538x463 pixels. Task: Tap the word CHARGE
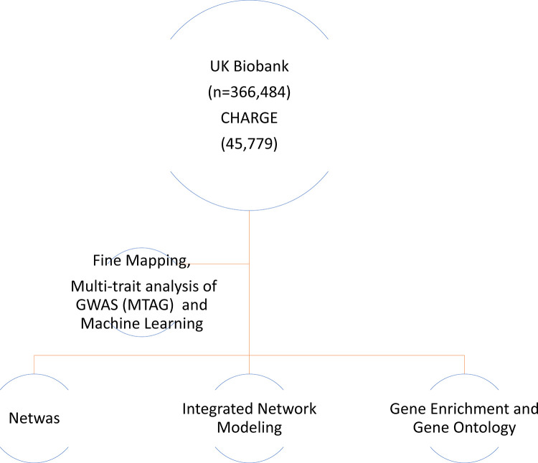248,119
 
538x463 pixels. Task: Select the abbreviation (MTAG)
162,303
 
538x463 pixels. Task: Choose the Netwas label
34,417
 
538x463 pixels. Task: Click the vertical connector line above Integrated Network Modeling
249,363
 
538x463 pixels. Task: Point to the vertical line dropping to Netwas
34,363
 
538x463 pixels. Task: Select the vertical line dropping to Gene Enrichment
464,363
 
